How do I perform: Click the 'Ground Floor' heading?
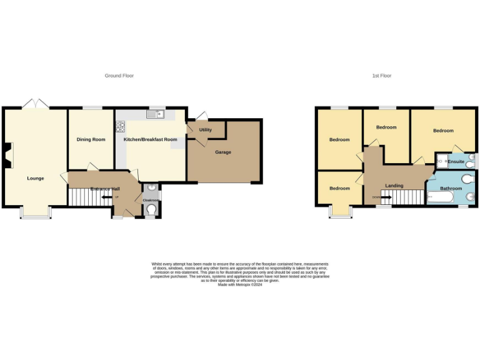pyautogui.click(x=119, y=76)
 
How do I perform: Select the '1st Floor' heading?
pyautogui.click(x=381, y=76)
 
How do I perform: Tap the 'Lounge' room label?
pyautogui.click(x=36, y=178)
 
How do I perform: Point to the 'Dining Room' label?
pyautogui.click(x=91, y=139)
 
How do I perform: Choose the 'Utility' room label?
pyautogui.click(x=206, y=130)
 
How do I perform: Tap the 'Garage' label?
pyautogui.click(x=223, y=152)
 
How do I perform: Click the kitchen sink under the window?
pyautogui.click(x=154, y=114)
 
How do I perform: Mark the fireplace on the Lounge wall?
pyautogui.click(x=7, y=155)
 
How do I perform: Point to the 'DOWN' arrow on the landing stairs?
pyautogui.click(x=382, y=197)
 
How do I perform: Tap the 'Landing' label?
pyautogui.click(x=394, y=186)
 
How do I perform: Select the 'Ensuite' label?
pyautogui.click(x=456, y=162)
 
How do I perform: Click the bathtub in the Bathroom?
pyautogui.click(x=443, y=198)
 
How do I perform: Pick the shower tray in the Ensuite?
pyautogui.click(x=441, y=161)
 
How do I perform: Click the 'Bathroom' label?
pyautogui.click(x=451, y=188)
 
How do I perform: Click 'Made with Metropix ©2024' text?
pyautogui.click(x=240, y=285)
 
